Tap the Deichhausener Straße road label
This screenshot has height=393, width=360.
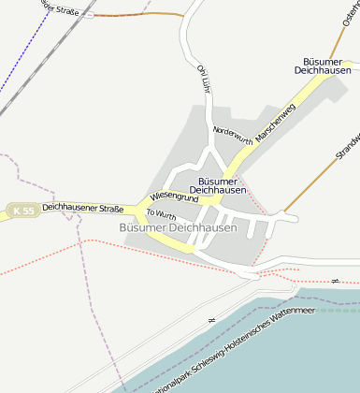(x=82, y=208)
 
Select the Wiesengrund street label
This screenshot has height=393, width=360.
(x=173, y=196)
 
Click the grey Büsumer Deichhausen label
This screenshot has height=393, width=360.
(x=178, y=227)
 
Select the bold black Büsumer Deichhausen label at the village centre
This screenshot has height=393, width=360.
(x=223, y=184)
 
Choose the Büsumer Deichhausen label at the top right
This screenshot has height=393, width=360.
(x=322, y=65)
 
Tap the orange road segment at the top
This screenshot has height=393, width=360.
(x=140, y=15)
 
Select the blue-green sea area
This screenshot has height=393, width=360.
(x=281, y=356)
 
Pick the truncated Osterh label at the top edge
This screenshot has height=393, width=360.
(x=351, y=13)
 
